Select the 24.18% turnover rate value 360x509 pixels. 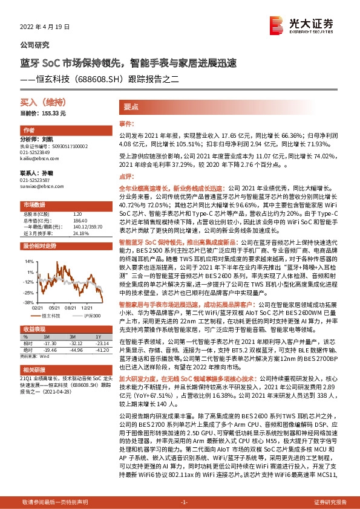81,233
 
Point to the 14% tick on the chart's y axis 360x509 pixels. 29,262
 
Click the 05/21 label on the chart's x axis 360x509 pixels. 53,307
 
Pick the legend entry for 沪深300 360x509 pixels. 92,316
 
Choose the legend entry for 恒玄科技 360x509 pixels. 51,316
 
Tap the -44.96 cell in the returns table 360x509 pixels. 75,350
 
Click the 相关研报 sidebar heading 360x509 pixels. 33,369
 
